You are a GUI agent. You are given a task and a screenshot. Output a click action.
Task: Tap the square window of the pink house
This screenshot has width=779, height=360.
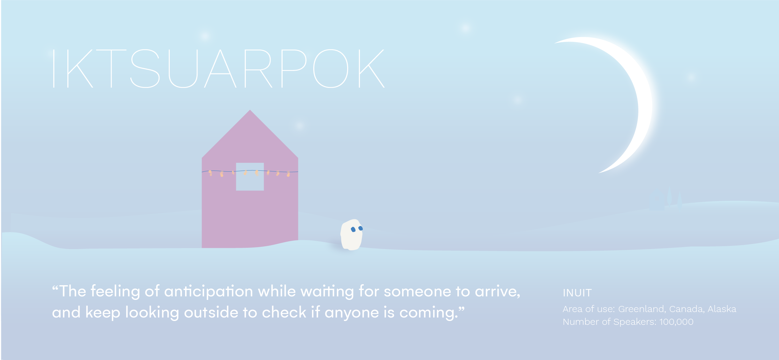250,177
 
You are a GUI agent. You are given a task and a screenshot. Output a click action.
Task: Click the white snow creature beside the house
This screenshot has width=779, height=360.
352,235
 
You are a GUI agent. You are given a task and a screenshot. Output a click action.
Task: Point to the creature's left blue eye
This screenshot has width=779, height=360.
353,229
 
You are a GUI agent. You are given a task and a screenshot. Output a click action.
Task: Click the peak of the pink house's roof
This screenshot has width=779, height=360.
250,110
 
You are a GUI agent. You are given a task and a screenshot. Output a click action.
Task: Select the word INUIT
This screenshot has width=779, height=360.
577,293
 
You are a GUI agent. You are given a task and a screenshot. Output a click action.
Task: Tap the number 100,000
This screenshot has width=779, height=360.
676,322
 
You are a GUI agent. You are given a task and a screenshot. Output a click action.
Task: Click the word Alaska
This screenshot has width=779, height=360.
722,309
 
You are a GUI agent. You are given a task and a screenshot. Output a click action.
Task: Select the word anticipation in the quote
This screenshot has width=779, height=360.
209,292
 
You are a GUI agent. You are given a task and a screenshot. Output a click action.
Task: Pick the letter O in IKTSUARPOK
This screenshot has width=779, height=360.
331,68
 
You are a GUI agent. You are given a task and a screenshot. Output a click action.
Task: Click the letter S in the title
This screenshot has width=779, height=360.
145,68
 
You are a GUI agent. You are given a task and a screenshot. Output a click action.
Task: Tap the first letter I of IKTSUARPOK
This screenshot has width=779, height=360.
54,68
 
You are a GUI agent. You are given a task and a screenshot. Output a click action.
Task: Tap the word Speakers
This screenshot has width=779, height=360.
637,322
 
